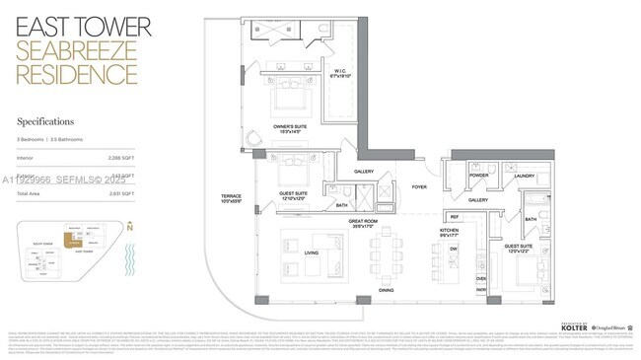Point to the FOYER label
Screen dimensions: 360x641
point(419,186)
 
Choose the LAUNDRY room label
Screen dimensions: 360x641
point(524,176)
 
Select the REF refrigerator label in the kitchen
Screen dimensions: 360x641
point(455,217)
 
